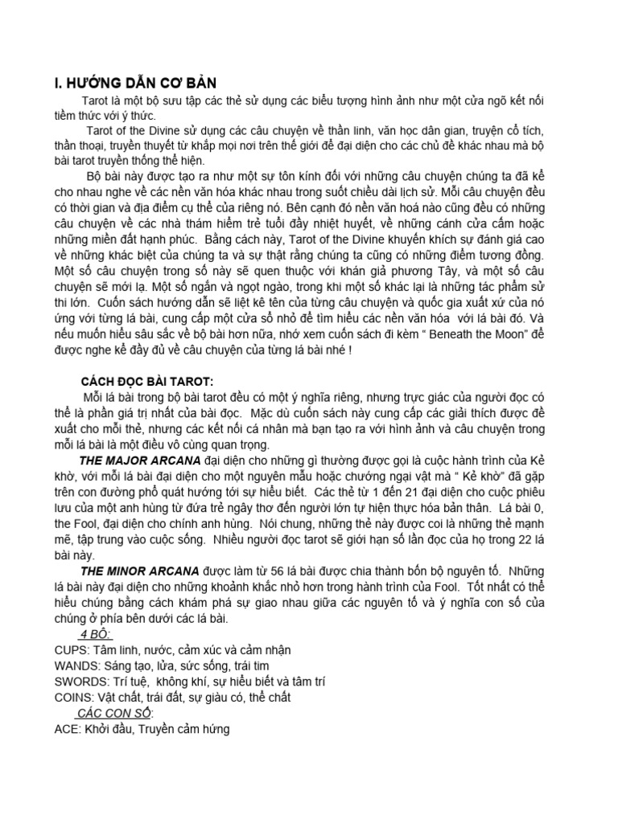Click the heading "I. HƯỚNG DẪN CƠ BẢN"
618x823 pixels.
130,84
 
